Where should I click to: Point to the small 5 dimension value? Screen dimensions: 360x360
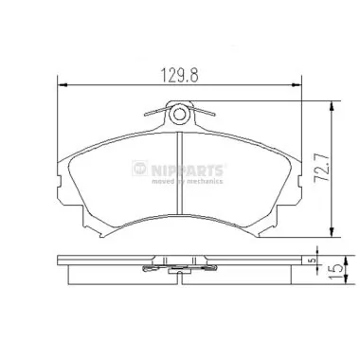tap(312, 256)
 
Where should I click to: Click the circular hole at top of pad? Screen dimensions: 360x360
tap(180, 117)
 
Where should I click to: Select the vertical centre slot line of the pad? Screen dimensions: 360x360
tap(180, 180)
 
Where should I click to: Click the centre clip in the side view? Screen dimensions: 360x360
tap(180, 268)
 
